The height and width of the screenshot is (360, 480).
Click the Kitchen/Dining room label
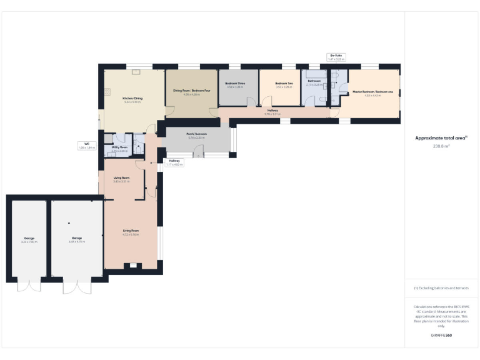(132, 98)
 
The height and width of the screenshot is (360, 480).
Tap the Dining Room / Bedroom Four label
(191, 91)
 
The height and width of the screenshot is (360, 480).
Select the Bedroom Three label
(234, 84)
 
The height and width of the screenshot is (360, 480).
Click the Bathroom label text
(314, 81)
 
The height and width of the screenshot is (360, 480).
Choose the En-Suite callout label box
(336, 57)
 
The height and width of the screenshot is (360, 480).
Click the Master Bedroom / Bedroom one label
(373, 92)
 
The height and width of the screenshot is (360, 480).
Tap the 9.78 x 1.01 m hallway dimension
(273, 114)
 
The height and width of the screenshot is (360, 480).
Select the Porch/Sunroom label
(196, 134)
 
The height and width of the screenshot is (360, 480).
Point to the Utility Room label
(119, 147)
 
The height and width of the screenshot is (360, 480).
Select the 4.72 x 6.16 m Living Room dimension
(131, 234)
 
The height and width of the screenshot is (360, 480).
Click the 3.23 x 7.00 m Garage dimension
(29, 241)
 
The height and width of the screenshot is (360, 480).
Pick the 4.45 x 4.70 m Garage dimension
(77, 241)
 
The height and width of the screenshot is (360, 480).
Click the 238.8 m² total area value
(441, 146)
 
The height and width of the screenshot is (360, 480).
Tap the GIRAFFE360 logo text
(441, 336)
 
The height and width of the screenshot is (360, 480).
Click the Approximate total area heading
(441, 138)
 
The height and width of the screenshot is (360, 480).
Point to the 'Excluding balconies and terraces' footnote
(441, 287)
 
